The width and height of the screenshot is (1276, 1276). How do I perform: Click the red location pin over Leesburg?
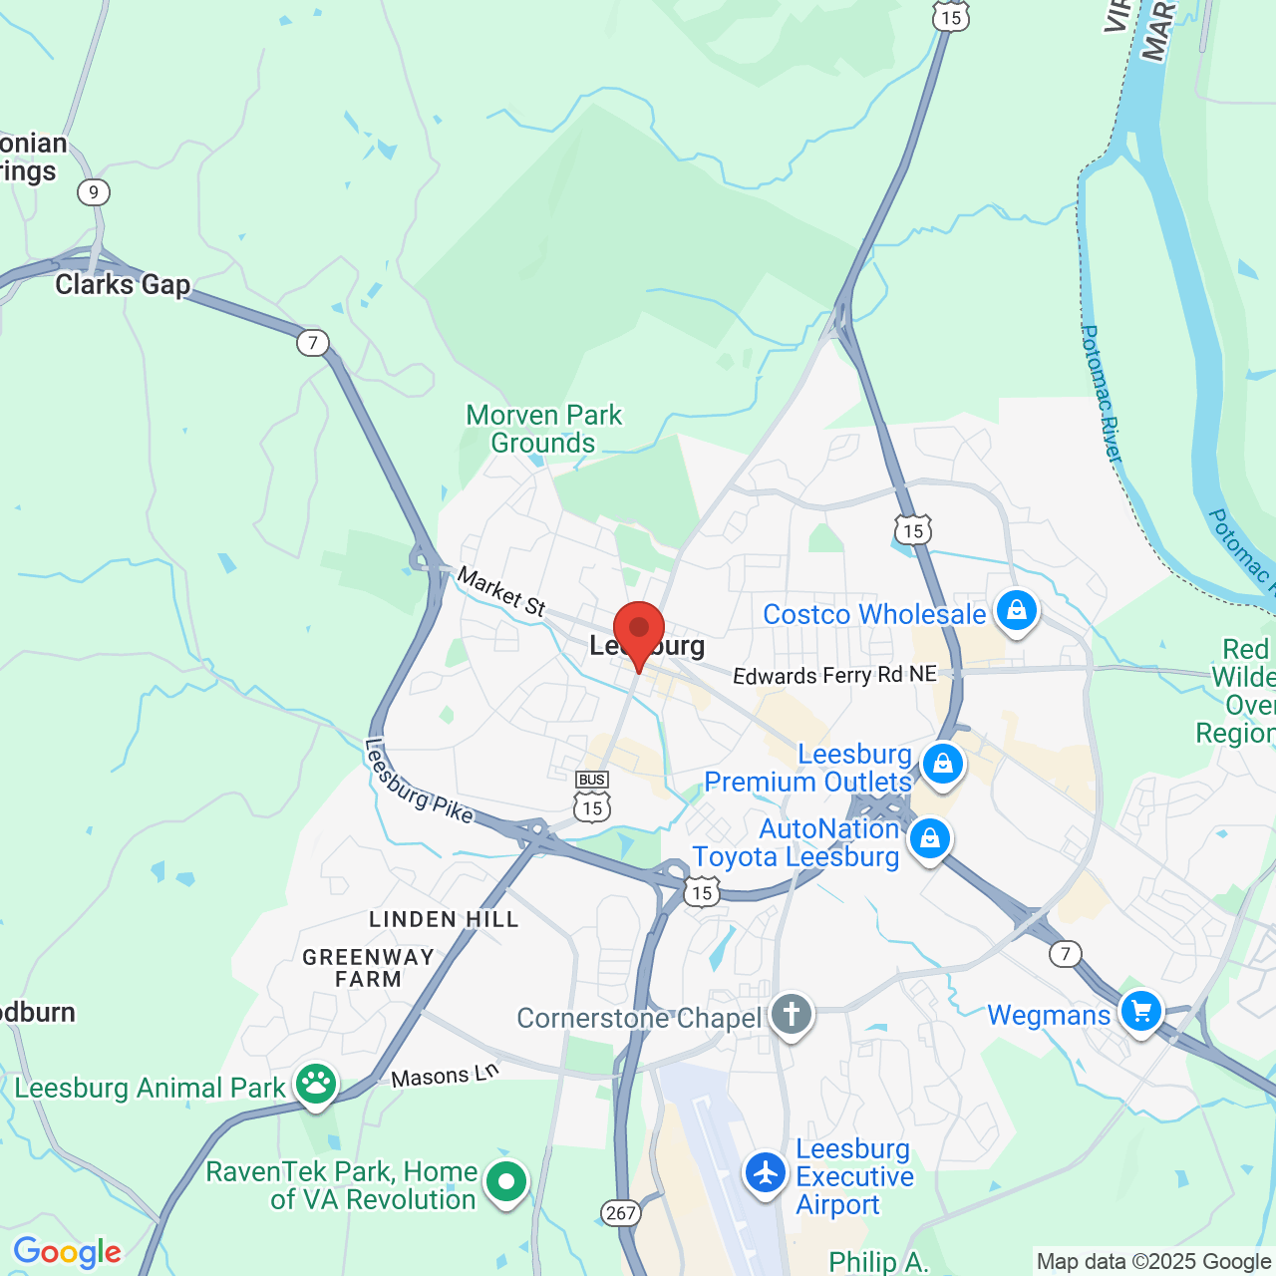coord(639,631)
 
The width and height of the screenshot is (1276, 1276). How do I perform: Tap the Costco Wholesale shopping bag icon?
coord(1016,610)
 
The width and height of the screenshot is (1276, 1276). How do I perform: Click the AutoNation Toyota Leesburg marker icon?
coord(930,839)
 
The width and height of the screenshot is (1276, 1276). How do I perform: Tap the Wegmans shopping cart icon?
coord(1141,1012)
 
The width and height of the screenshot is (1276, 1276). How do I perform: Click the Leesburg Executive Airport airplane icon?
coord(766,1172)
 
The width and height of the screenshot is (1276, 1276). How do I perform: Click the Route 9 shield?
coord(94,192)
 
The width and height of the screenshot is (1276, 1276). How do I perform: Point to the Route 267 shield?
coord(620,1212)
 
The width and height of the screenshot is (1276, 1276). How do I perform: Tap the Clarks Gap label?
coord(123,285)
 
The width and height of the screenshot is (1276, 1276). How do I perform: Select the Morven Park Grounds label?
coord(543,429)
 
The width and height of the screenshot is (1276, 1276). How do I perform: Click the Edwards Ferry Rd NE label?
coord(834,675)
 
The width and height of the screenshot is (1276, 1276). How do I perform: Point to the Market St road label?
coord(501,591)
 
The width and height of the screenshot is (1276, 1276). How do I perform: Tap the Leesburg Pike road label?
coord(419,782)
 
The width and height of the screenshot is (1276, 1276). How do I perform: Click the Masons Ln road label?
coord(445,1076)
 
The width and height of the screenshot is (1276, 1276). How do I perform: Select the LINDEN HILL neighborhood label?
coord(444,919)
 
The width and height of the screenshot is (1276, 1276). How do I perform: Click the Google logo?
coord(67,1252)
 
